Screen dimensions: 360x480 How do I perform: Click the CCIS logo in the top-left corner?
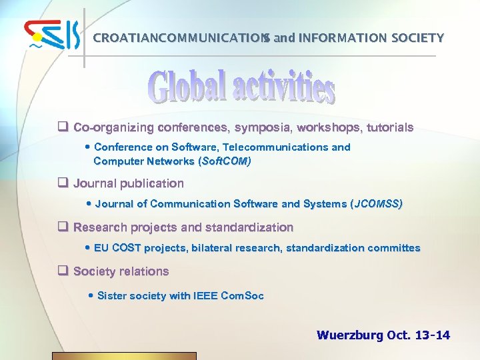click(52, 36)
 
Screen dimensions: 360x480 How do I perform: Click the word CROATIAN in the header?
click(121, 38)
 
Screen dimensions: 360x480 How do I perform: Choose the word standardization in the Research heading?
click(249, 227)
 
